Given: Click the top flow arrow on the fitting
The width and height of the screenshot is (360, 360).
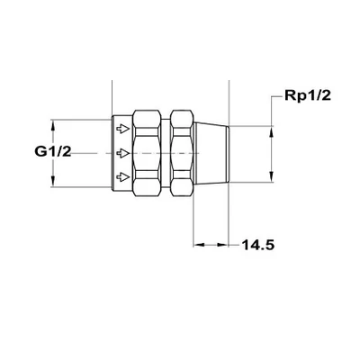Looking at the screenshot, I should (x=123, y=130).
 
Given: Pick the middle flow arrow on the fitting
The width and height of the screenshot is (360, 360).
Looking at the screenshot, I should (x=123, y=152).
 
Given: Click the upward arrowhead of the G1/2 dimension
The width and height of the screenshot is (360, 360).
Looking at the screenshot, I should (x=55, y=123).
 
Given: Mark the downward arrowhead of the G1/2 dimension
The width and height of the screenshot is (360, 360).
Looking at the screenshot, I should (x=55, y=183).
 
